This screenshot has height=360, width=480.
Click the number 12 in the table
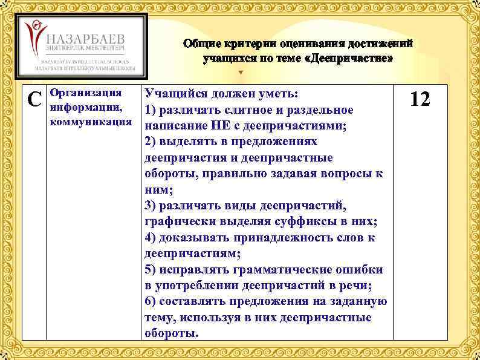(420, 99)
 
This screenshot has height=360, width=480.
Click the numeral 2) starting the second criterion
(152, 142)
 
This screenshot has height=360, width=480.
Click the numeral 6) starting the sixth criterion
(152, 301)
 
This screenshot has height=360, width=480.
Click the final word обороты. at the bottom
(172, 332)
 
